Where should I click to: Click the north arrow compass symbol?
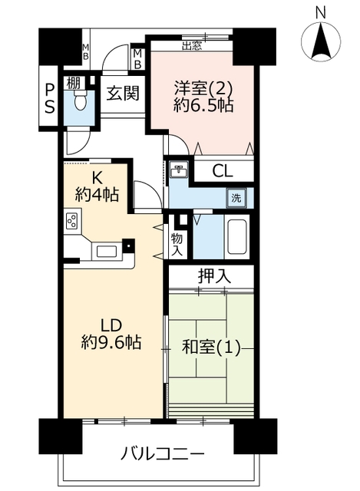(320, 41)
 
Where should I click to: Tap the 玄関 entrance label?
(123, 93)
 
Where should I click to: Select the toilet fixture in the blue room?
(80, 101)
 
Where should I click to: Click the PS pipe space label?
(49, 98)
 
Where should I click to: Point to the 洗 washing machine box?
(236, 198)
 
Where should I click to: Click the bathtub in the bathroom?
(237, 236)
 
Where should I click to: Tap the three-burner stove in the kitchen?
(71, 221)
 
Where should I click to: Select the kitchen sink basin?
(107, 251)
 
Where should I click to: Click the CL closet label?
(223, 171)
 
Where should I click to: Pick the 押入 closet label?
(215, 276)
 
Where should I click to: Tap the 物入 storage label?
(177, 244)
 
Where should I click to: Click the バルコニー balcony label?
(163, 453)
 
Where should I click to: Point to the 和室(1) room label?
(211, 348)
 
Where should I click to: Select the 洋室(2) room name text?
(203, 88)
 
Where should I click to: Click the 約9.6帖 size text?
(111, 342)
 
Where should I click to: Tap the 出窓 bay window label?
(192, 46)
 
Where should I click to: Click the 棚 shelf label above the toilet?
(74, 84)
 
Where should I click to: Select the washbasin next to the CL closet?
(179, 170)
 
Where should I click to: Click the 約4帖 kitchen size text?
(97, 195)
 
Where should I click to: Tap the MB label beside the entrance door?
(138, 59)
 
